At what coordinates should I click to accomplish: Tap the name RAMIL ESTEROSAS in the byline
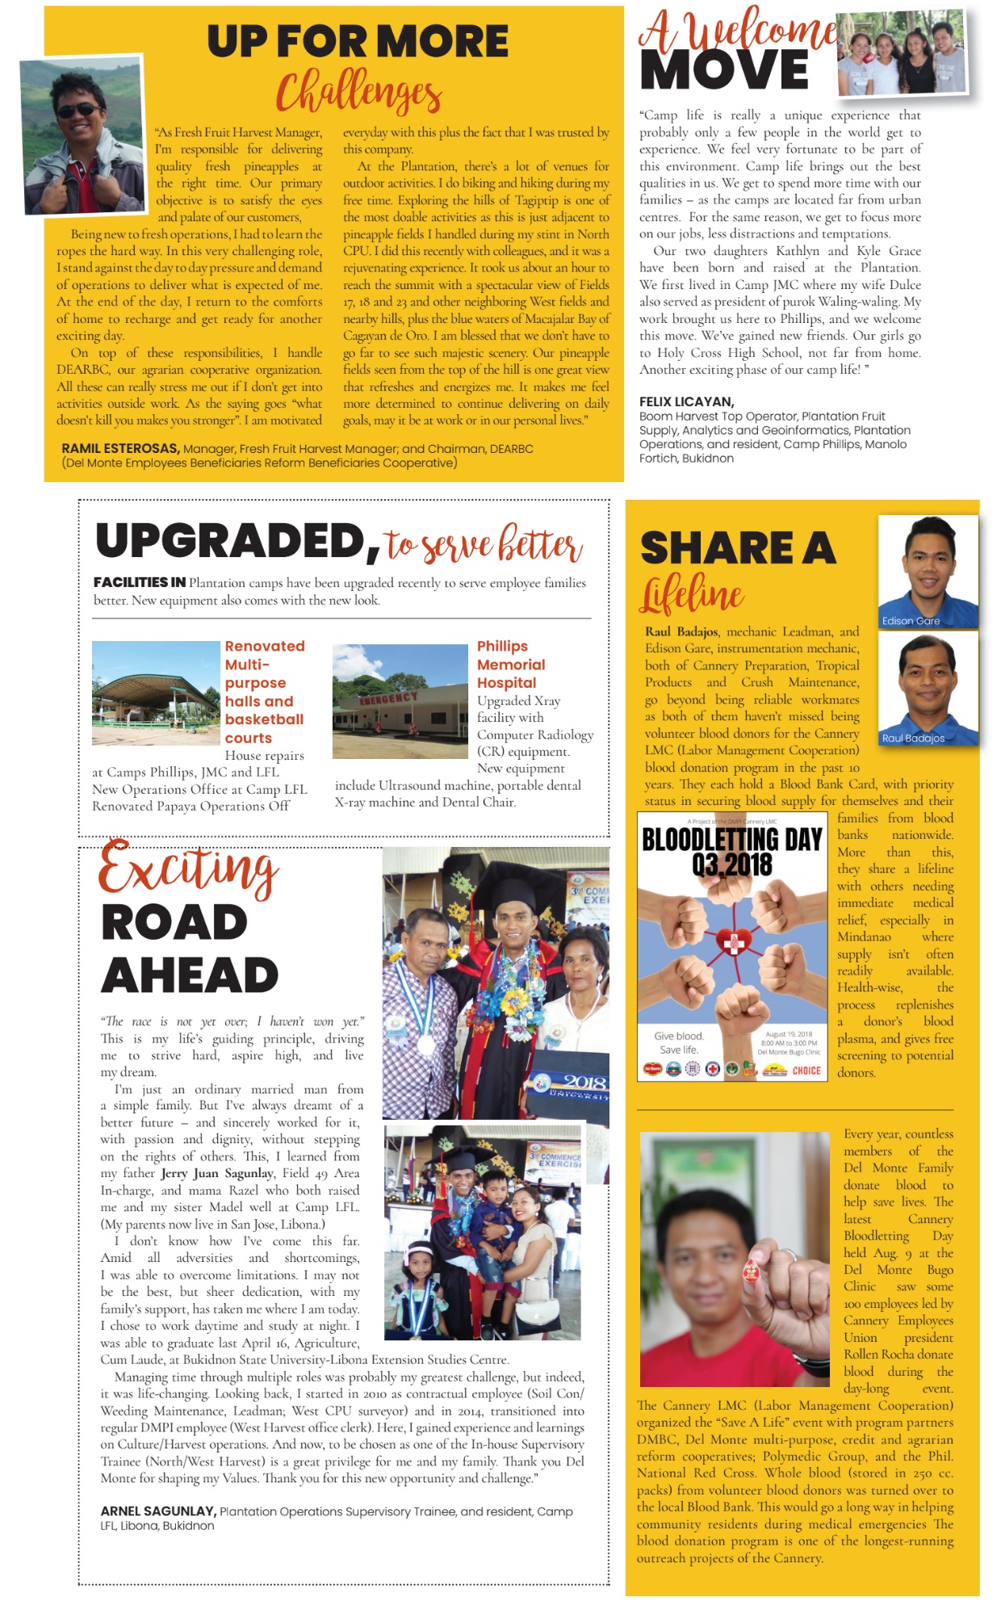pyautogui.click(x=120, y=449)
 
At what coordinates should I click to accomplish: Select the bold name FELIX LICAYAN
pyautogui.click(x=686, y=401)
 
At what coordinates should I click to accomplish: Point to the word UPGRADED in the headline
pyautogui.click(x=232, y=541)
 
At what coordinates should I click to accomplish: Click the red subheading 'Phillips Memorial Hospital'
pyautogui.click(x=510, y=664)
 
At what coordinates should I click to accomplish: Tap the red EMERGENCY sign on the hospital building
pyautogui.click(x=388, y=698)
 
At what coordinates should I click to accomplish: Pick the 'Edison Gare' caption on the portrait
pyautogui.click(x=911, y=621)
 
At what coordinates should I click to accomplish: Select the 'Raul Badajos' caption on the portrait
pyautogui.click(x=913, y=738)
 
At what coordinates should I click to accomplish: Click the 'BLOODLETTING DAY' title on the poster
pyautogui.click(x=731, y=840)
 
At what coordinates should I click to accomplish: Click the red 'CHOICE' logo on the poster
pyautogui.click(x=806, y=1071)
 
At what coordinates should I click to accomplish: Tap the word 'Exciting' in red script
pyautogui.click(x=189, y=868)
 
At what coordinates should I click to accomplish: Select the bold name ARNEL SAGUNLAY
pyautogui.click(x=157, y=1511)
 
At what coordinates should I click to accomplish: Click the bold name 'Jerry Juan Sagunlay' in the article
pyautogui.click(x=217, y=1173)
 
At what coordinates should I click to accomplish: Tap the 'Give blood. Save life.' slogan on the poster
pyautogui.click(x=679, y=1043)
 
